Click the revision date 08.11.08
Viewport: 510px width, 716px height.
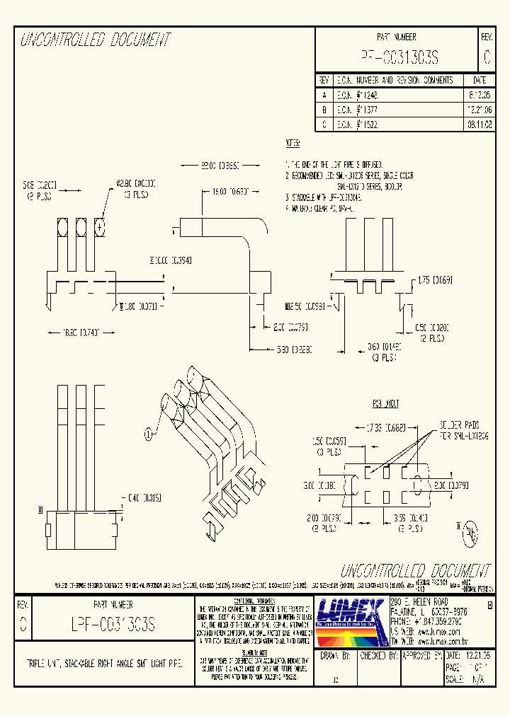tap(480, 124)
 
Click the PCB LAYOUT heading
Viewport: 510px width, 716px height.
tap(385, 403)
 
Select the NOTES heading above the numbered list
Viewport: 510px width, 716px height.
tap(293, 144)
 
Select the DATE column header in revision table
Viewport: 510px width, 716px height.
tap(480, 80)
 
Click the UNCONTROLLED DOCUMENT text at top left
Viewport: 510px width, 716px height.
tap(96, 40)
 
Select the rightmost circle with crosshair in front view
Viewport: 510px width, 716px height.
tap(100, 227)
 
